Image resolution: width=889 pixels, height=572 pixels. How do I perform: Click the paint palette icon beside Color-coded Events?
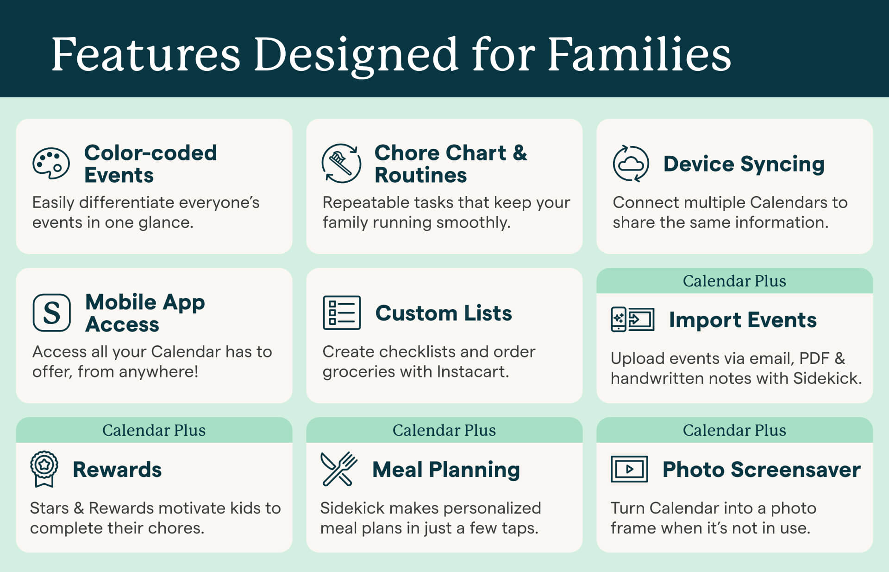coord(51,164)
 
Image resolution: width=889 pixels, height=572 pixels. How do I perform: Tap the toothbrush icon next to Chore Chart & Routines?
coord(341,163)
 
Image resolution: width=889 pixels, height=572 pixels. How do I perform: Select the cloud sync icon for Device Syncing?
coord(631,164)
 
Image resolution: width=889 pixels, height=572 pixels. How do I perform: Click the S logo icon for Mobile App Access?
coord(51,312)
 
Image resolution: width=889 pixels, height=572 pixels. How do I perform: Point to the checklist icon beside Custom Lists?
coord(342,312)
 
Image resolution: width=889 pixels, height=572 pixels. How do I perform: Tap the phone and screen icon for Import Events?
coord(632,319)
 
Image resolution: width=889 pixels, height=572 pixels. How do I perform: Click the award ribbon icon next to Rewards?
coord(44,469)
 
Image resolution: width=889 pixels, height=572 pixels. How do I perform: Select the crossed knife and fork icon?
coord(338,469)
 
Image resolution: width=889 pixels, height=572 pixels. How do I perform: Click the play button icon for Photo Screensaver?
coord(629,469)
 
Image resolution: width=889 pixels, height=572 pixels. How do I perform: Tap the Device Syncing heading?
coord(744,165)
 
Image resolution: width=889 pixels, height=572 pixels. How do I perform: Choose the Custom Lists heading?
coord(444,313)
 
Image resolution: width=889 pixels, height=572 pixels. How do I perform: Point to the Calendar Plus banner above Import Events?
coord(734,281)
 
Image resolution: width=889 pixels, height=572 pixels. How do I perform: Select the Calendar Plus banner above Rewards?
coord(154,430)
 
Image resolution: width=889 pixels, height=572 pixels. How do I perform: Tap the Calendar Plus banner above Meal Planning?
coord(444,430)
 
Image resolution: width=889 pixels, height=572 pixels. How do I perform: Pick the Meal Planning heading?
coord(446,470)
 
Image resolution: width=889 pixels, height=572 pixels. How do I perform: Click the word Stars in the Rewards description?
coord(49,508)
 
